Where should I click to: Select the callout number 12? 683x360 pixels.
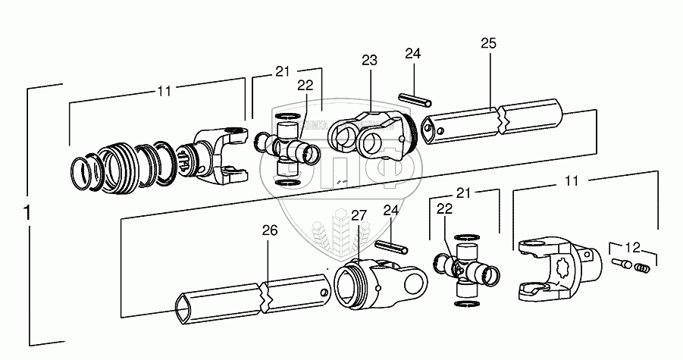click(x=632, y=246)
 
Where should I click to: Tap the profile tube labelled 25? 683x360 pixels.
click(x=493, y=124)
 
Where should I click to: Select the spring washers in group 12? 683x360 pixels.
click(x=641, y=268)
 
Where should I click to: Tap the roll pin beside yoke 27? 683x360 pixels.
click(x=392, y=249)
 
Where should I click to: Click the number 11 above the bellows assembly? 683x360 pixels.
click(x=164, y=91)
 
